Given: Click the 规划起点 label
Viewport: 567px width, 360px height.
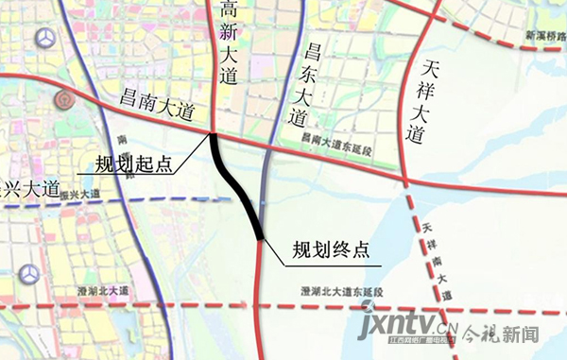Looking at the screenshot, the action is click(133, 163).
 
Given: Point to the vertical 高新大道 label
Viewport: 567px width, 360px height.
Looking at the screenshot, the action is click(228, 44).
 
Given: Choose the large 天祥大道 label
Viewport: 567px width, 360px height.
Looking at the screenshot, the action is click(421, 100).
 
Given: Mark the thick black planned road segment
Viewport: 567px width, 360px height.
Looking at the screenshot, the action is click(237, 185).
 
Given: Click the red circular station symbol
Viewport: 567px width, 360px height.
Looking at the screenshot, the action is click(63, 97).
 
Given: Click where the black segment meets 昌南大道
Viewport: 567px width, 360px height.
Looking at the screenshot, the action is click(213, 135).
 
